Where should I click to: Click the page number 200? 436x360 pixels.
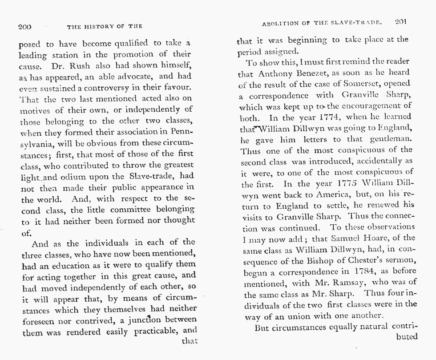coord(24,27)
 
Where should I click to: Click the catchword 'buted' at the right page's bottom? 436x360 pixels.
coord(406,336)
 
